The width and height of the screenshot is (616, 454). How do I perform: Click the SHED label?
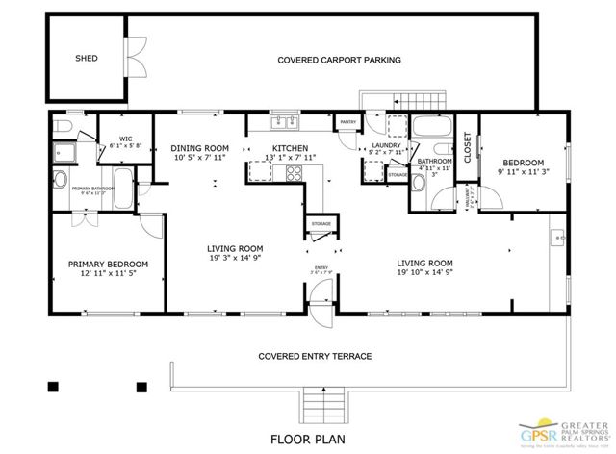coord(87,58)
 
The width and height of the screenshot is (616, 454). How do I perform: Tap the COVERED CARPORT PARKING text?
coord(339,60)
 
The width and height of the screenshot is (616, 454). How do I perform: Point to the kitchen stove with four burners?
coord(293,173)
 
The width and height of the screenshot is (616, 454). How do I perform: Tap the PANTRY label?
coord(348,122)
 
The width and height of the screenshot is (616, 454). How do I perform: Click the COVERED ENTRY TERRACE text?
coord(315,356)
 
